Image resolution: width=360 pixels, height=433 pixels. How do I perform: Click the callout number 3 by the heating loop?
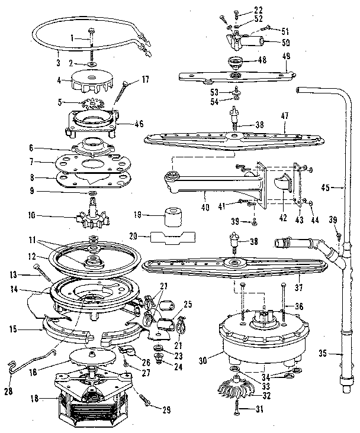(x=59, y=61)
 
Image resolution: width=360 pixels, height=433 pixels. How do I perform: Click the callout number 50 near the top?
(x=285, y=43)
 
